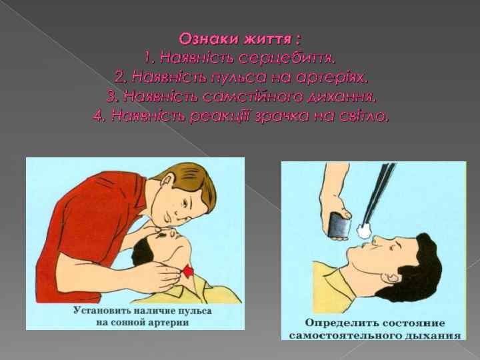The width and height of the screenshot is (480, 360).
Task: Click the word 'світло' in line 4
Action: (x=364, y=116)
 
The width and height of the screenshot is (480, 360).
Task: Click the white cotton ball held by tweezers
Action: (x=363, y=231)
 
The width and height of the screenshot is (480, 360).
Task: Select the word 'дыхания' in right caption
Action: (x=434, y=336)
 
